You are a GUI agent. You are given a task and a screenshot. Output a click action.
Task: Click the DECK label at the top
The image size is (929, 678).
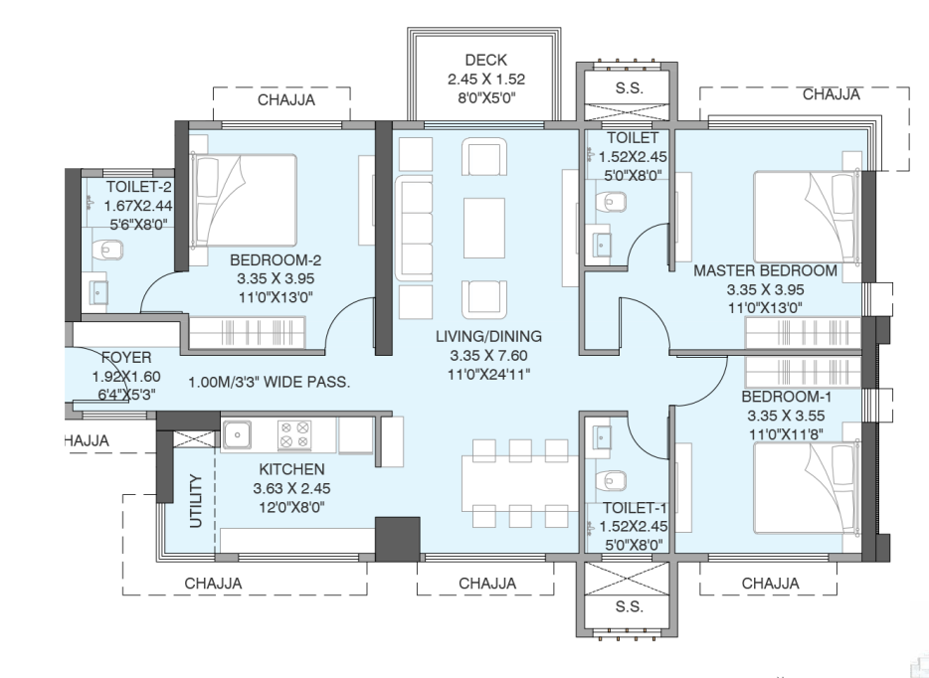484,61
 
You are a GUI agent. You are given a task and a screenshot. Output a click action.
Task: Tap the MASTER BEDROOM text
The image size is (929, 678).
765,270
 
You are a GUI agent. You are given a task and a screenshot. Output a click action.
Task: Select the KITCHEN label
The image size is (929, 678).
291,468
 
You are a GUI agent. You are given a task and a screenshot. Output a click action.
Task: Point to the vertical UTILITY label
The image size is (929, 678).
195,503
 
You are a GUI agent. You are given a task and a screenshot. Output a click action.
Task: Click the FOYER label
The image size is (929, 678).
126,358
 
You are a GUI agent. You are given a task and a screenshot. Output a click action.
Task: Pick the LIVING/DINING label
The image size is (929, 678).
481,337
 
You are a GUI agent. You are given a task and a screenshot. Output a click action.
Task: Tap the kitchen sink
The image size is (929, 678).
237,433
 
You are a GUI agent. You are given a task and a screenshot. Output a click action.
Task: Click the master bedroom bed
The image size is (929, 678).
806,214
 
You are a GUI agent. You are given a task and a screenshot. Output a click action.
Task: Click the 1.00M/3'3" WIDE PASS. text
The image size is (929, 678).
270,382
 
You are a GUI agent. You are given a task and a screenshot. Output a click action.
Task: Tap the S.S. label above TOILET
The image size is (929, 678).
629,87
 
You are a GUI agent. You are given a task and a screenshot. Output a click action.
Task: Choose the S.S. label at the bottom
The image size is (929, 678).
629,605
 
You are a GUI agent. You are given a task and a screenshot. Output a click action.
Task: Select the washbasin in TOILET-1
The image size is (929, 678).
602,436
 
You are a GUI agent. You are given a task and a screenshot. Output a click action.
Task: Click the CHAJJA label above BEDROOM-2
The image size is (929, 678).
286,100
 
